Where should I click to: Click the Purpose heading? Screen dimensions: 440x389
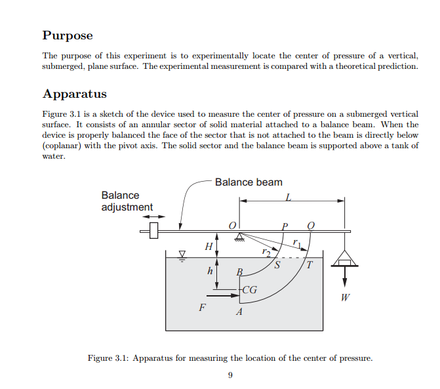click(68, 36)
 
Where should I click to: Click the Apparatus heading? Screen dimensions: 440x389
click(75, 94)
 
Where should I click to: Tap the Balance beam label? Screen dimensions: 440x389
click(249, 182)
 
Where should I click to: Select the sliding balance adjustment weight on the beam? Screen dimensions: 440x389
click(154, 230)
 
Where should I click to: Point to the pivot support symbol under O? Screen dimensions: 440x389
click(239, 237)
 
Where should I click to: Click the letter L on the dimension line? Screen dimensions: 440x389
click(288, 197)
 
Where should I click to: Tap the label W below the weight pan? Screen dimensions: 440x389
click(345, 297)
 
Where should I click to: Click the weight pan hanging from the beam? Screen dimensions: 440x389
click(345, 260)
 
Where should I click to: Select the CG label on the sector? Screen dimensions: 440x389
click(249, 290)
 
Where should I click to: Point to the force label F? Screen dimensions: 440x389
click(202, 308)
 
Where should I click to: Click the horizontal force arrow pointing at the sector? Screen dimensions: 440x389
click(223, 296)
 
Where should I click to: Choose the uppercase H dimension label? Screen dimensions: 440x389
click(209, 247)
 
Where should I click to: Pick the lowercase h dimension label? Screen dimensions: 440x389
click(210, 271)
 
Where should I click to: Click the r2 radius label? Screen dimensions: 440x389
click(266, 252)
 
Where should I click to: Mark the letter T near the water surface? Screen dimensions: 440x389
click(310, 264)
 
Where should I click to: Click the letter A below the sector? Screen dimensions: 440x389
click(239, 312)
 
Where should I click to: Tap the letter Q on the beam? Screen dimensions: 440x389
click(311, 226)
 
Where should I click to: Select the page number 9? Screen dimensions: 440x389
click(230, 375)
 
